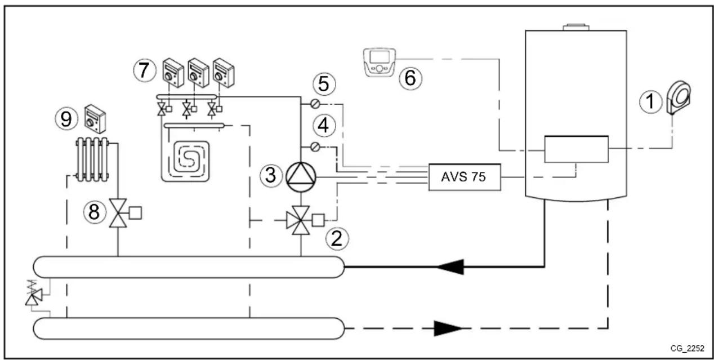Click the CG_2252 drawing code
pos(687,349)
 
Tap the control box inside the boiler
pos(576,149)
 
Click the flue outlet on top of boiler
pos(575,26)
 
